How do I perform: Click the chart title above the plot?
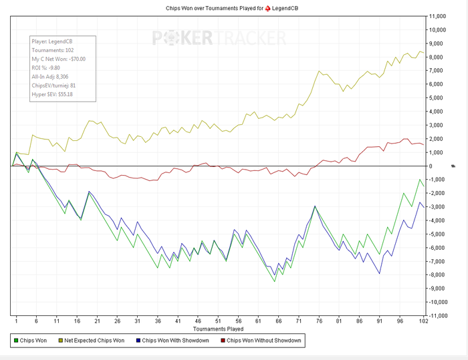[233, 7]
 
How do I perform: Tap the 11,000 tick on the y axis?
[438, 16]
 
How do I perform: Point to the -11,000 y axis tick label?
[438, 315]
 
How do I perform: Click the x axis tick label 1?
[16, 321]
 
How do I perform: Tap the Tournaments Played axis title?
[217, 329]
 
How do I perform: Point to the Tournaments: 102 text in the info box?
[52, 50]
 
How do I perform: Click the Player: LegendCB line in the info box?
[51, 41]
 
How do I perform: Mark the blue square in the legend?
[138, 341]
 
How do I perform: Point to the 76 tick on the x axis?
[318, 321]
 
